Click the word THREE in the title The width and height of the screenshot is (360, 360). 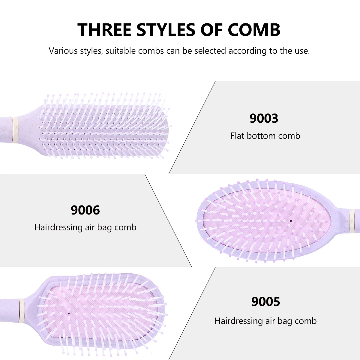[x=105, y=29]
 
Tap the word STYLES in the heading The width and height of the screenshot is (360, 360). [x=166, y=29]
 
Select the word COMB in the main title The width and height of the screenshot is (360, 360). [x=254, y=29]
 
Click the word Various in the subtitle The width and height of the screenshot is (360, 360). [x=63, y=51]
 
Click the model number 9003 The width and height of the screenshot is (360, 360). [x=264, y=118]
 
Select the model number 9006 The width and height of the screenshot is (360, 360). [x=85, y=210]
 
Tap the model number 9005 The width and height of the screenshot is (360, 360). [x=266, y=301]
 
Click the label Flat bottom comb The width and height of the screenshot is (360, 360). [x=265, y=136]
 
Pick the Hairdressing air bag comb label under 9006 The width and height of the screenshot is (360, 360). [x=85, y=227]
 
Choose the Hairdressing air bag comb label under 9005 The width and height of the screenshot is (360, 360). [x=265, y=321]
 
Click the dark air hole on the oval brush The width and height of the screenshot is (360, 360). [x=291, y=221]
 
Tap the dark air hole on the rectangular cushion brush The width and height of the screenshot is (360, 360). [x=69, y=313]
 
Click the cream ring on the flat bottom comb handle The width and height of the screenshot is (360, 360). [x=14, y=130]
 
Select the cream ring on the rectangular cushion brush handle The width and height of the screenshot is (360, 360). [x=21, y=310]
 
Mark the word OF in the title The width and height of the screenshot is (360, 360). [x=212, y=29]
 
